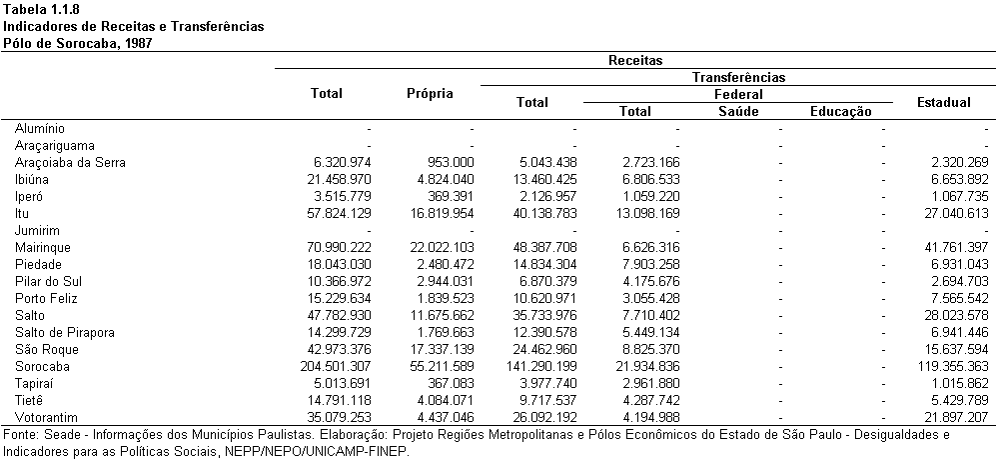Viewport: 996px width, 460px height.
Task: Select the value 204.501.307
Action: [334, 366]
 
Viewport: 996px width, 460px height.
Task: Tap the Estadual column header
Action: [943, 102]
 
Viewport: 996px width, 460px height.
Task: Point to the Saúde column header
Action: [738, 111]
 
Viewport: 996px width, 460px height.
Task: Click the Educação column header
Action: [841, 112]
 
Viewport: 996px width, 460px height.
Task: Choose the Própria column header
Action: [430, 94]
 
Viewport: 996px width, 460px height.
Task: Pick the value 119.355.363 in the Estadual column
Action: [951, 366]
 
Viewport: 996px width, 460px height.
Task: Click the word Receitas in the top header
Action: [635, 60]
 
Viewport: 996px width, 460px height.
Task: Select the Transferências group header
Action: [738, 78]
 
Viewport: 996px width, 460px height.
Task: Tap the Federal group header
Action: [738, 95]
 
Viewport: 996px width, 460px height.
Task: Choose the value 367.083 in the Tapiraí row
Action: [450, 384]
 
